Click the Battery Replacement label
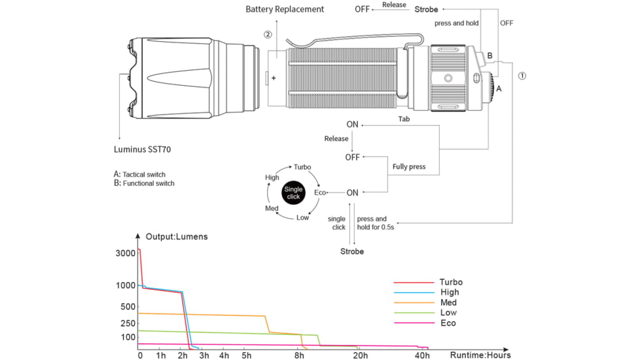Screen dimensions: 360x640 coord(285,9)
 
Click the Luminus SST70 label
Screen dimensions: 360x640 coord(142,149)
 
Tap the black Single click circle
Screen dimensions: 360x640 coord(293,193)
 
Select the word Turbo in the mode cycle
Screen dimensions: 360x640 coord(302,168)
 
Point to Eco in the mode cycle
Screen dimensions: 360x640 coord(320,193)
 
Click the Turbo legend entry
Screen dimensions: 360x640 coord(451,282)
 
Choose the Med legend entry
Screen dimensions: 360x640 coord(448,302)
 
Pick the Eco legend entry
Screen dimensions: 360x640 coord(448,323)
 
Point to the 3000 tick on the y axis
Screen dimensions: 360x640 coord(126,253)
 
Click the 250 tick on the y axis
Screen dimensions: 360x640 coord(128,323)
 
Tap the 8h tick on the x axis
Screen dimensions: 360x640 coord(299,355)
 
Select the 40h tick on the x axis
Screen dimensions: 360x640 coord(423,355)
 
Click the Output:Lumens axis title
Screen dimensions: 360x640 coord(177,236)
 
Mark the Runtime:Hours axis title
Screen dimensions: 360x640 coord(480,355)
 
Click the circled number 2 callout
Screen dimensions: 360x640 coord(268,35)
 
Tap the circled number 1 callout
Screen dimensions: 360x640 coord(522,75)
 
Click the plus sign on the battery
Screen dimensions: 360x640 coord(274,78)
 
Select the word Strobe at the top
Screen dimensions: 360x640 coord(426,9)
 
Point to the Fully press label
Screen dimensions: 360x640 coord(409,167)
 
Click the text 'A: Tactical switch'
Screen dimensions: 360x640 coord(139,174)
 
